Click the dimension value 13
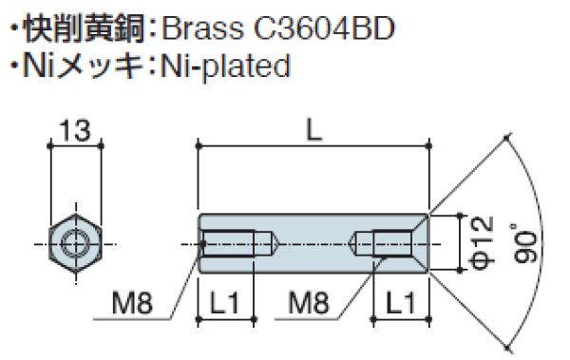pyautogui.click(x=74, y=129)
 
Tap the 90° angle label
pyautogui.click(x=528, y=243)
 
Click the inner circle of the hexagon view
pyautogui.click(x=73, y=243)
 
